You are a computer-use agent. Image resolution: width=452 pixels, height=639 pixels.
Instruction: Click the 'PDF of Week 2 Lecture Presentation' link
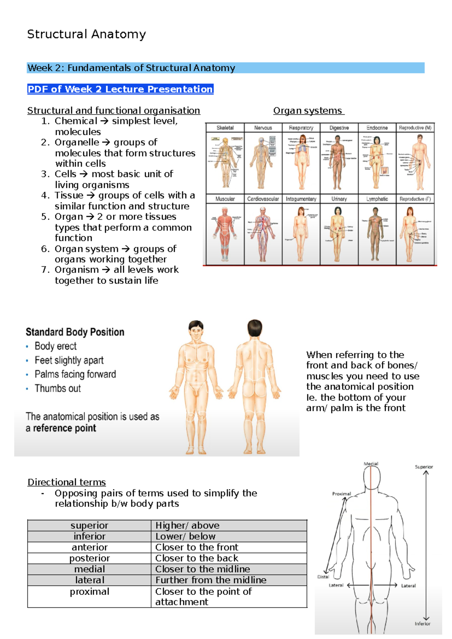click(120, 89)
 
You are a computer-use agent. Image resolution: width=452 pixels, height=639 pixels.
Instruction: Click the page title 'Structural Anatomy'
click(86, 34)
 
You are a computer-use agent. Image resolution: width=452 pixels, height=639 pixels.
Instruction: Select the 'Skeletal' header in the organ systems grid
click(225, 128)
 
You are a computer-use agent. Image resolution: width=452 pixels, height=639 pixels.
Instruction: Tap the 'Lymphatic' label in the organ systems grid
click(377, 199)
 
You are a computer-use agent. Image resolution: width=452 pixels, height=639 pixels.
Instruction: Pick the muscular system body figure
click(225, 234)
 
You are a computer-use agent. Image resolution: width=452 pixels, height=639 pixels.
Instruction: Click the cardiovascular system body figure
click(263, 234)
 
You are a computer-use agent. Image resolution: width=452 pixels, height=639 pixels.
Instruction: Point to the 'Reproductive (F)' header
click(415, 199)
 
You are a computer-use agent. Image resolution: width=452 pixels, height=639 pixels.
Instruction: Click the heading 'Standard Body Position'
click(75, 332)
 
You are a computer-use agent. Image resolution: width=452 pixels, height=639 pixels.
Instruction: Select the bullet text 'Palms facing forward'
click(75, 374)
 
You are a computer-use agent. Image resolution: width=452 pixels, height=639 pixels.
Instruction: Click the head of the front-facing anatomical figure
click(196, 330)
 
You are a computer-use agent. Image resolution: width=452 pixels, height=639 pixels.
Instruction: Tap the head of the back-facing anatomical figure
click(255, 329)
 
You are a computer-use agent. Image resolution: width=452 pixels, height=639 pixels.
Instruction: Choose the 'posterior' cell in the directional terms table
click(89, 558)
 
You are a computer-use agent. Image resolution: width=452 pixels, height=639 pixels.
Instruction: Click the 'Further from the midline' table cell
click(211, 580)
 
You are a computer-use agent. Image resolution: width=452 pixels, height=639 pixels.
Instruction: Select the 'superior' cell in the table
click(89, 525)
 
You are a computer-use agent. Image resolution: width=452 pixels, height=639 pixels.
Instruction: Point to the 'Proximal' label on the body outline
click(341, 494)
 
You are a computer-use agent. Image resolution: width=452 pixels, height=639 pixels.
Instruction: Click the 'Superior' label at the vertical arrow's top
click(424, 467)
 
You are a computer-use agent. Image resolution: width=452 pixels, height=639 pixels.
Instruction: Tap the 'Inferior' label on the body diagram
click(422, 624)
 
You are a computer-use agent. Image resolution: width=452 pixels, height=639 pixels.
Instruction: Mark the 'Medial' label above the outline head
click(371, 464)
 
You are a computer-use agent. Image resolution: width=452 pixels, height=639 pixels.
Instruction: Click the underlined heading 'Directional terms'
click(67, 482)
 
